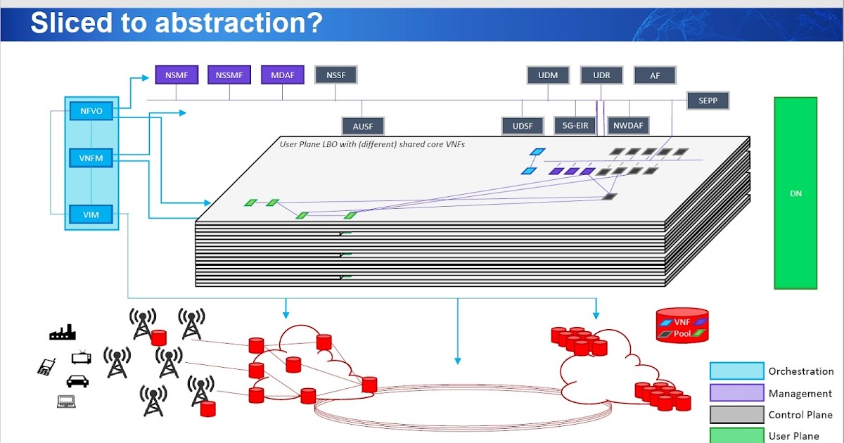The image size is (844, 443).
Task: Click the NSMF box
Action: point(177,75)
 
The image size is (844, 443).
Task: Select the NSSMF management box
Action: point(229,75)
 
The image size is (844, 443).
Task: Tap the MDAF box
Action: point(282,75)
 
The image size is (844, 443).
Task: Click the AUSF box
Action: point(363,126)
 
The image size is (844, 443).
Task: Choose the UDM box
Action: point(548,75)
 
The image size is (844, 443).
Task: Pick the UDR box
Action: point(601,75)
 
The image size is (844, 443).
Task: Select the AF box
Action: point(655,75)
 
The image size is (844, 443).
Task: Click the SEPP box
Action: point(708,101)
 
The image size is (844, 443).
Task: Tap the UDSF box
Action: point(523,126)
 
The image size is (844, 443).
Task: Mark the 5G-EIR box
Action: point(575,126)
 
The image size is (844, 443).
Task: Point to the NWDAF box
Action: point(628,126)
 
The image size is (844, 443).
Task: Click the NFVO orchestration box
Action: point(91,110)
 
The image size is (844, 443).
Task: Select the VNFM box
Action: point(91,158)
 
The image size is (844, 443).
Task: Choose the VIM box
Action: point(91,214)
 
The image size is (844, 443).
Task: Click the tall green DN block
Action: point(796,193)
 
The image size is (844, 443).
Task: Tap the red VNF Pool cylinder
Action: point(682,325)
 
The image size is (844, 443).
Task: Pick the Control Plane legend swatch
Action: point(736,414)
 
